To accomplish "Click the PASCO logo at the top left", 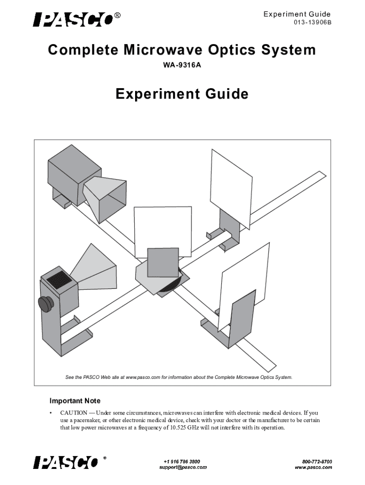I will coord(73,19).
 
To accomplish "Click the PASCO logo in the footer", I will coord(66,462).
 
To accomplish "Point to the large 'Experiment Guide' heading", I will coord(182,94).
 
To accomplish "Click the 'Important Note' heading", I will coord(75,401).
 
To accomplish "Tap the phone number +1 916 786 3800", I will coord(182,461).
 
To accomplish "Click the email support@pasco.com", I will coord(182,467).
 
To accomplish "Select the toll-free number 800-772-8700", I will coord(317,461).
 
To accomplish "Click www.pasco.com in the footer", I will coord(313,467).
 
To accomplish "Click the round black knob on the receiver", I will coord(46,303).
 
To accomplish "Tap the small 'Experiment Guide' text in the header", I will coord(297,15).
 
